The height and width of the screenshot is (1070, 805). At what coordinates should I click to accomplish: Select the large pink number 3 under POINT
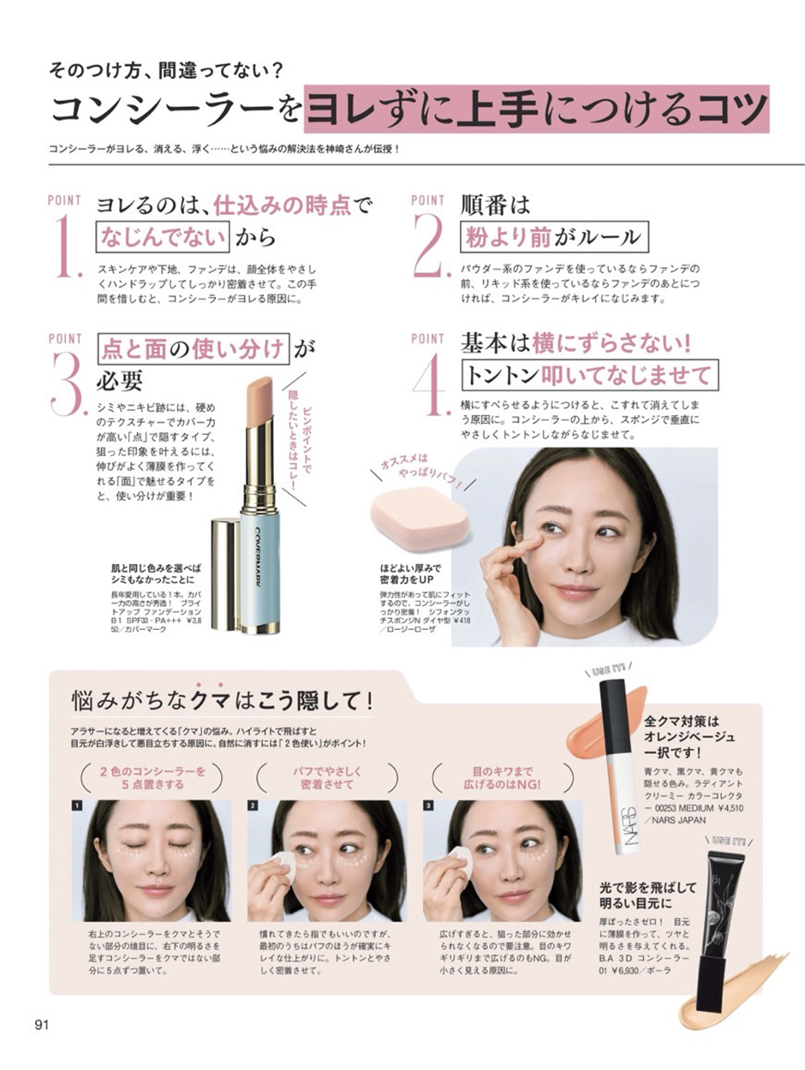pos(69,384)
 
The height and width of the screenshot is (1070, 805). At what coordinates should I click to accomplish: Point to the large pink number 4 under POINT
pos(432,384)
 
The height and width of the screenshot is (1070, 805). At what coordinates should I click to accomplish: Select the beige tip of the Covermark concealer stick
pos(259,400)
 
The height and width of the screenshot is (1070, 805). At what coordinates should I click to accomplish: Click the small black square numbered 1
pos(77,805)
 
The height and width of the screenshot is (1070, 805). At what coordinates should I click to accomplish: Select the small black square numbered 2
pos(253,805)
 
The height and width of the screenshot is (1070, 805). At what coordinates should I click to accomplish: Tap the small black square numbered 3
pos(428,805)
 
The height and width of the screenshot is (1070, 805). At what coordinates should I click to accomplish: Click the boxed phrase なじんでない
pos(163,237)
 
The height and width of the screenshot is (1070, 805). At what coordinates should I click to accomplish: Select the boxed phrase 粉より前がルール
pos(554,237)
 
